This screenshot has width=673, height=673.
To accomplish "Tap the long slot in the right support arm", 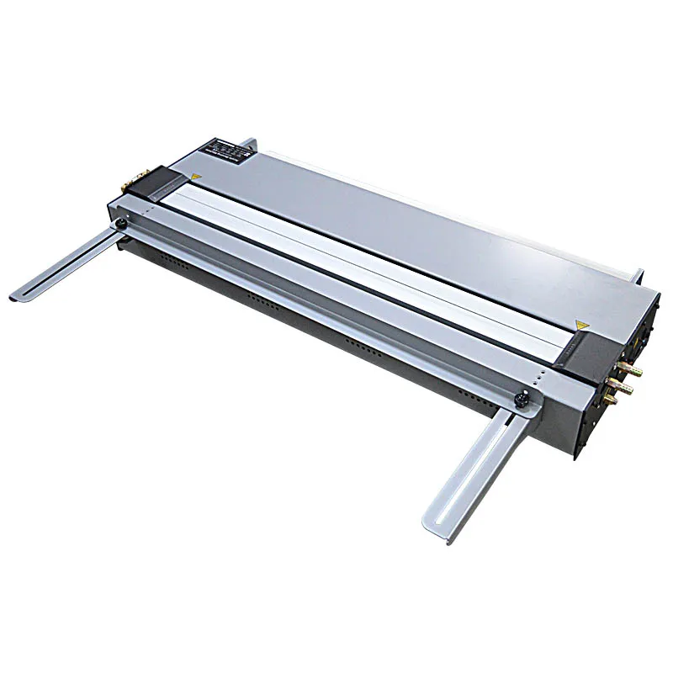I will tap(471, 467).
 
